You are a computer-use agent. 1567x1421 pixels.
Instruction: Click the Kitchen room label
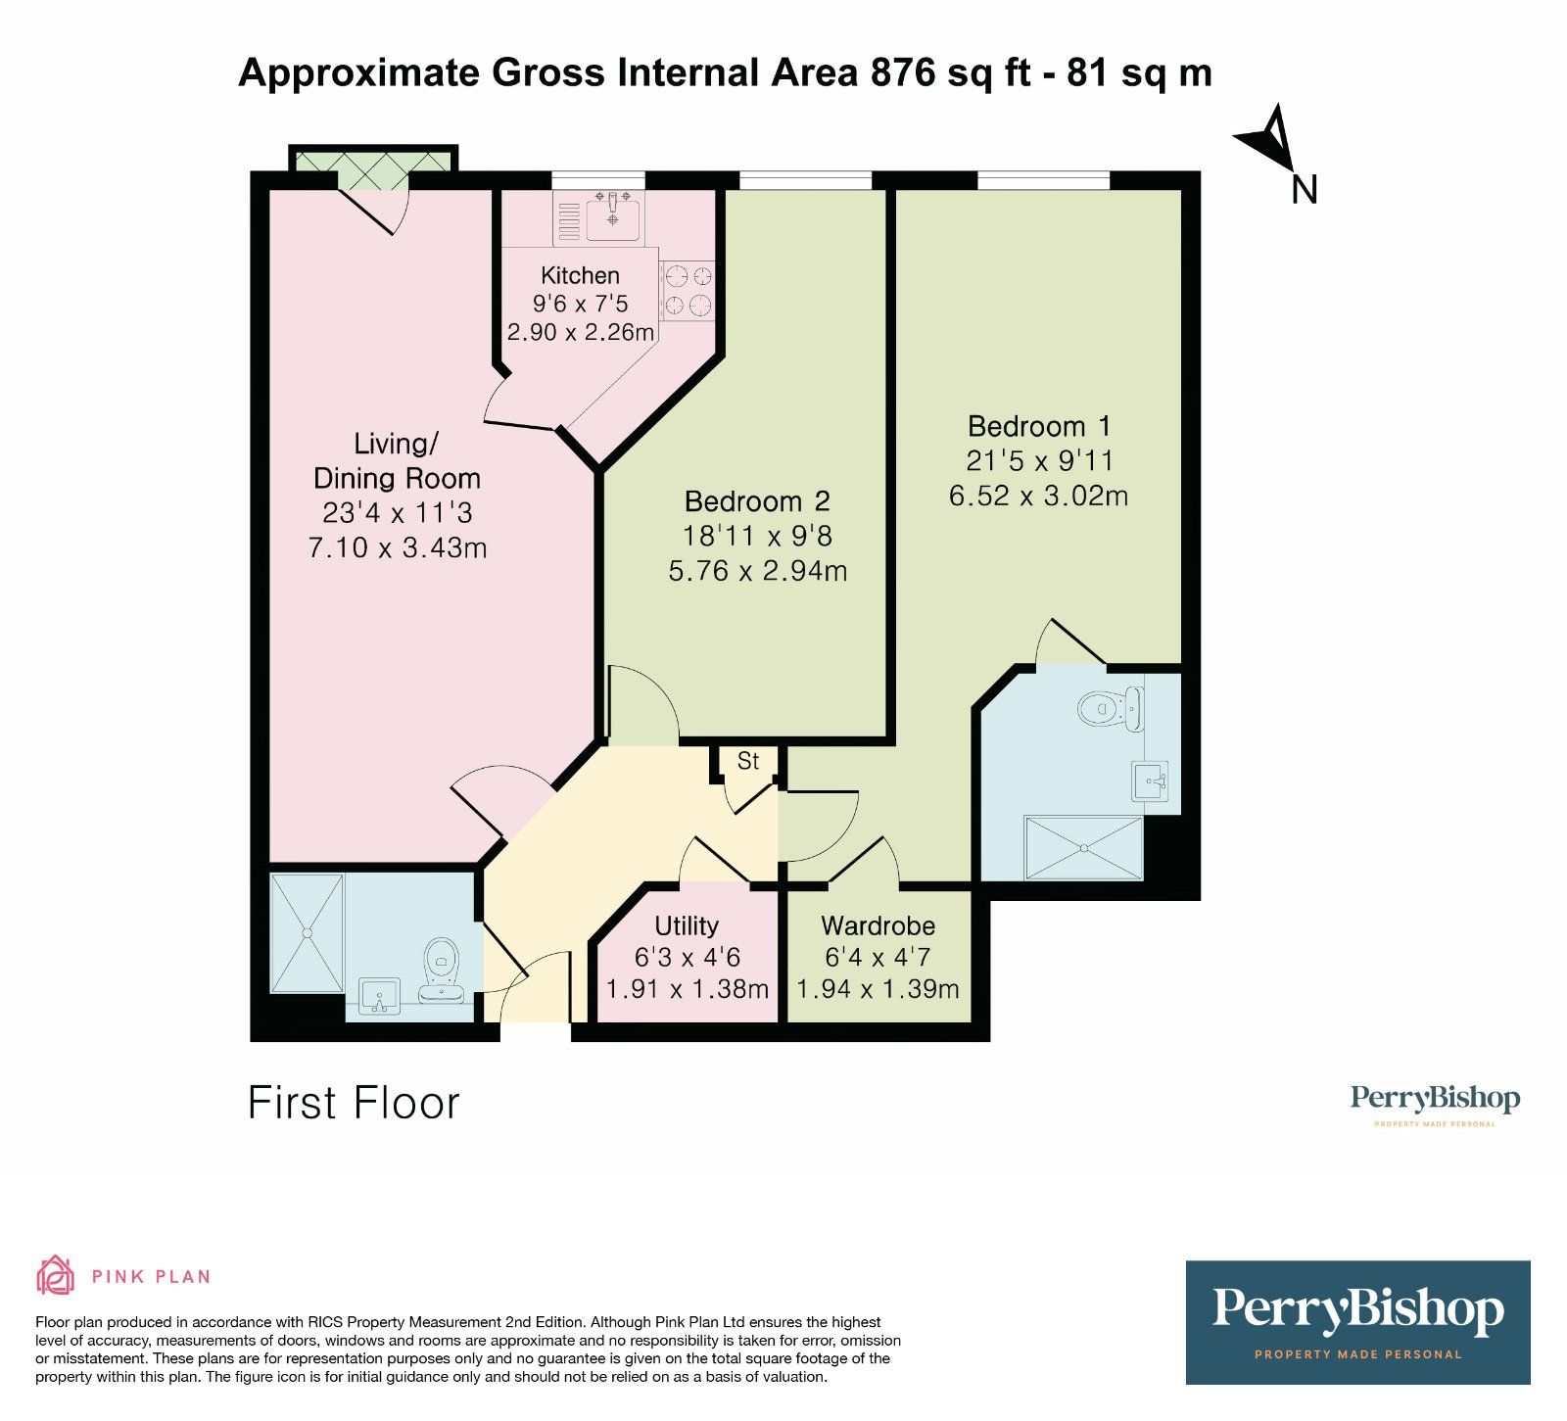tap(580, 275)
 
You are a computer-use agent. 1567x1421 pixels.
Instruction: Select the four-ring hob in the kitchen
tap(687, 291)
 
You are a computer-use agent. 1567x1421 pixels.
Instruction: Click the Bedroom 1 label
tap(1039, 426)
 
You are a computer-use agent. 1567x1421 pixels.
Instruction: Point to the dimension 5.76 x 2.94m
tap(757, 571)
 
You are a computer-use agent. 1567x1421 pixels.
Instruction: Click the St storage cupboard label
tap(748, 761)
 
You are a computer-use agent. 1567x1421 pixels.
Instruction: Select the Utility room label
tap(687, 925)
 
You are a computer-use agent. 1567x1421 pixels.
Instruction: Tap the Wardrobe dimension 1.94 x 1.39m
tap(878, 989)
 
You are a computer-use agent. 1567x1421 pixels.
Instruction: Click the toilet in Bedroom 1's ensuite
tap(1112, 707)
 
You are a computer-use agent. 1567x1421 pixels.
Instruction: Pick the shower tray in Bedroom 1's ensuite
tap(1083, 847)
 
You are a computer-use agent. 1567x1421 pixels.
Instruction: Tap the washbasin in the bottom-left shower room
tap(379, 997)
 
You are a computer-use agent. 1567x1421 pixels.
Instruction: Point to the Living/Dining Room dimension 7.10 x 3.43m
tap(397, 547)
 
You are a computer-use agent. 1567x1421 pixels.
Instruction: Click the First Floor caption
tap(354, 1103)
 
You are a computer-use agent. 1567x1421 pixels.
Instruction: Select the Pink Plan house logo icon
tap(55, 1275)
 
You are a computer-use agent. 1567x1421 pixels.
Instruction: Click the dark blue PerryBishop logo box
tap(1357, 1321)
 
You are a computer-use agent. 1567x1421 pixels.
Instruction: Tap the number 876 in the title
tap(902, 73)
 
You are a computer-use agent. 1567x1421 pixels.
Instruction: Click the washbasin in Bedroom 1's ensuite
tap(1152, 782)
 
